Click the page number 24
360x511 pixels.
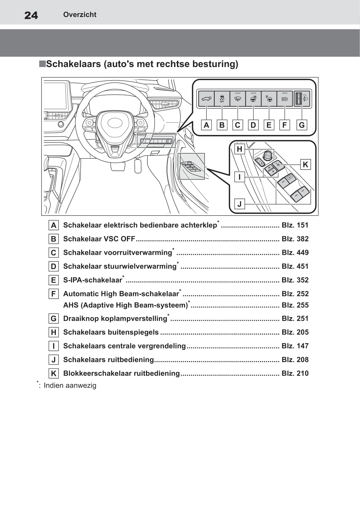tap(31, 15)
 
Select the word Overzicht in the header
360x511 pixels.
tap(80, 15)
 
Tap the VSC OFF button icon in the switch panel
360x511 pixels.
tap(222, 99)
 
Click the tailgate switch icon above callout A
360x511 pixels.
tap(206, 99)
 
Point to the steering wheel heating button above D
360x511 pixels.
tap(253, 99)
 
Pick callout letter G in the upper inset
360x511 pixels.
tap(302, 125)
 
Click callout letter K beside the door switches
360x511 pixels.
tap(305, 164)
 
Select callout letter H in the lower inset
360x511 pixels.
tap(239, 149)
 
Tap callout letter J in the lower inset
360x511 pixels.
tap(239, 204)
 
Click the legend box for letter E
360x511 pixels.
tap(54, 280)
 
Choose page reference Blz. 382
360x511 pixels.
tap(295, 239)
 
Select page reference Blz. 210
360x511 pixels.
tap(295, 373)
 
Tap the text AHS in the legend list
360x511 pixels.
tap(71, 305)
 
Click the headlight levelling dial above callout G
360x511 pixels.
tap(299, 99)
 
